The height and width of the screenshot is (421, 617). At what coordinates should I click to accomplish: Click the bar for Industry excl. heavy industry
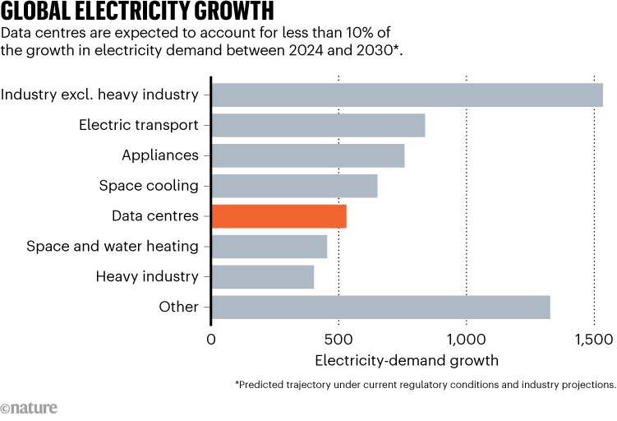[x=407, y=95]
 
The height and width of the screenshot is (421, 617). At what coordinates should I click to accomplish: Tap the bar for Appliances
[x=308, y=155]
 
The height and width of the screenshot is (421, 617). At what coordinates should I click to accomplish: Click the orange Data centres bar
[x=279, y=216]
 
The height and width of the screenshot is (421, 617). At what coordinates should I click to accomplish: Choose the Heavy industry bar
[x=263, y=276]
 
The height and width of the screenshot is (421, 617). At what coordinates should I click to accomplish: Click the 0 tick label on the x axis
[x=211, y=339]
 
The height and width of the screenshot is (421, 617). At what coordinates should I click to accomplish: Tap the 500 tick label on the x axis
[x=338, y=339]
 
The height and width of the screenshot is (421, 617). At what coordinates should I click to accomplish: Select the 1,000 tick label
[x=466, y=339]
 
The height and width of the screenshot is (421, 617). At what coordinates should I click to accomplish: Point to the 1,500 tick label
[x=593, y=339]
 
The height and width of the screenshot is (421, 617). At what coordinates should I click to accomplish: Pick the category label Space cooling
[x=149, y=186]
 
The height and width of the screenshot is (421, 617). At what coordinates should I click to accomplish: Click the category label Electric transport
[x=139, y=125]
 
